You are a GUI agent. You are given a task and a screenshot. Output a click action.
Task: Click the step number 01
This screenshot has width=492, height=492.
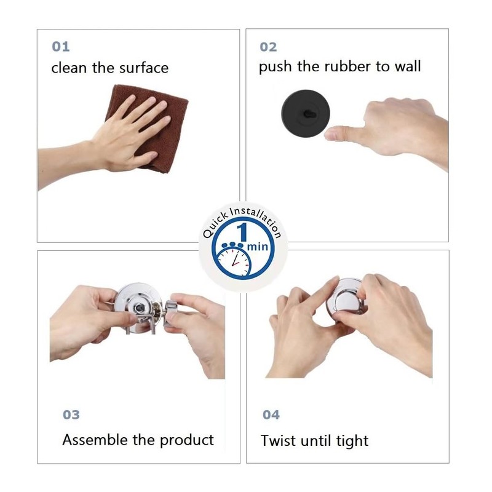[60, 47]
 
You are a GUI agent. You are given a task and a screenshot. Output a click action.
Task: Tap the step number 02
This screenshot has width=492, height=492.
[268, 47]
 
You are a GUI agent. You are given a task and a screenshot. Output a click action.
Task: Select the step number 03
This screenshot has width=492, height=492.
[71, 415]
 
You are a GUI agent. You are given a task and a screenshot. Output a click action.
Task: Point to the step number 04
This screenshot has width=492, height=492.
[271, 415]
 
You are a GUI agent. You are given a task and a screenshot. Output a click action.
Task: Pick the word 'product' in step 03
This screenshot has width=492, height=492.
[187, 440]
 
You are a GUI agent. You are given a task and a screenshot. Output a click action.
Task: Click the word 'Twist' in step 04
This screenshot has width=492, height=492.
[279, 440]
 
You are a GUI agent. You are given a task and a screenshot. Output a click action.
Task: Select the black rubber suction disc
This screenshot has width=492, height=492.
[305, 113]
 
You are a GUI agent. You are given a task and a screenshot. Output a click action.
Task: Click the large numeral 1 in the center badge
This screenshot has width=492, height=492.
[242, 232]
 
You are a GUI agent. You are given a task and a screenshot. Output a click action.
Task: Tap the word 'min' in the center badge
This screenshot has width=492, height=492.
[258, 247]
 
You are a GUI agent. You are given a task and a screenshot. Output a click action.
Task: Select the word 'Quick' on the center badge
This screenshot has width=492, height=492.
[215, 225]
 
